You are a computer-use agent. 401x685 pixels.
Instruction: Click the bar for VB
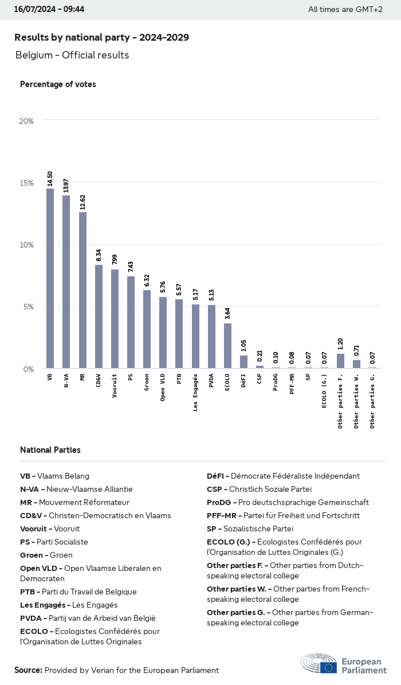(x=50, y=279)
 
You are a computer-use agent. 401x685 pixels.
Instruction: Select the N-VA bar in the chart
(x=66, y=282)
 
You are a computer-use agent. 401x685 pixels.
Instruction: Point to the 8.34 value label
(x=99, y=255)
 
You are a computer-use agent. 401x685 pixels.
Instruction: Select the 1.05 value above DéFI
(x=243, y=346)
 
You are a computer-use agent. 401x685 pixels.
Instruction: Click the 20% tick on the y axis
(x=26, y=121)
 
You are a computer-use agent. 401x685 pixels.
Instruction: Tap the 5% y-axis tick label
(x=29, y=307)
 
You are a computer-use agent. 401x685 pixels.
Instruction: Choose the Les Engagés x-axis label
(x=195, y=393)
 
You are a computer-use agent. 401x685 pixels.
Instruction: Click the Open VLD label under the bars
(x=163, y=389)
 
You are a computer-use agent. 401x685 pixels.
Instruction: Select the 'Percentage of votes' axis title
(x=58, y=84)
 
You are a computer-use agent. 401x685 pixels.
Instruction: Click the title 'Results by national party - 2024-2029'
(x=101, y=37)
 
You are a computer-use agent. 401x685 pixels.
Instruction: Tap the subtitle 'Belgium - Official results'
(x=72, y=55)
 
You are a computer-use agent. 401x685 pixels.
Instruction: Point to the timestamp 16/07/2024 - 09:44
(x=49, y=9)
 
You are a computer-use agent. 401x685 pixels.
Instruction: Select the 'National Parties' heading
(x=50, y=450)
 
